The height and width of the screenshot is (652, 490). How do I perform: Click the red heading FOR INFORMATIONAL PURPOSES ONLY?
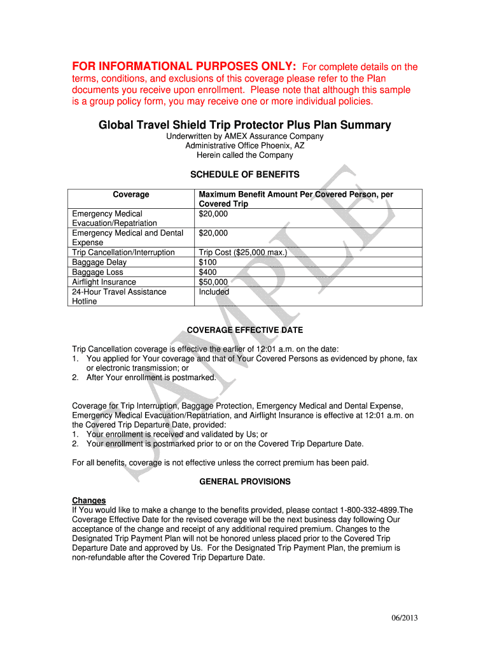183,67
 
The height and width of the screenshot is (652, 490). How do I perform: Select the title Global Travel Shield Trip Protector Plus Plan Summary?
244,125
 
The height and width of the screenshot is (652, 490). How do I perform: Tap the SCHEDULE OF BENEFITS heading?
245,174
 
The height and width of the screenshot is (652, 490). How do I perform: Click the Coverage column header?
131,195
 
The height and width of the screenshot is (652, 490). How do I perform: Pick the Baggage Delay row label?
99,262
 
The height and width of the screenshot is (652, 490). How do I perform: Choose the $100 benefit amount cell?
208,262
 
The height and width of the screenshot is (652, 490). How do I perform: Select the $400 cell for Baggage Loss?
208,273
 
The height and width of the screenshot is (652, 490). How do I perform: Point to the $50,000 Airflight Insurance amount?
213,282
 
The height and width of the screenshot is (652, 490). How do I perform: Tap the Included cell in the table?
214,292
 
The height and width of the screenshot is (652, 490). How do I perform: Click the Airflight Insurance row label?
104,282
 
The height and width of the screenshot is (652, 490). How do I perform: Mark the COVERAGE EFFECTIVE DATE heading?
244,330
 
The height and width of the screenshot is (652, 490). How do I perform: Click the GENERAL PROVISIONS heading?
245,482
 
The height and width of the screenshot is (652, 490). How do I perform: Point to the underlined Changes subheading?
89,500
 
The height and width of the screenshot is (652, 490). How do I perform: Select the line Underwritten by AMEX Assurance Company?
245,136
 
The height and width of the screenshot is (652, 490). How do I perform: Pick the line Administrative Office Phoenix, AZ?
245,146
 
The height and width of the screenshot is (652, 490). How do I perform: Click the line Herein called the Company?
245,155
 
